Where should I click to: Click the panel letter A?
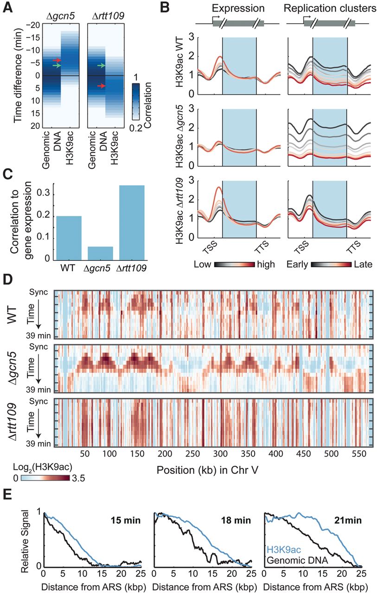[x=7, y=6]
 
